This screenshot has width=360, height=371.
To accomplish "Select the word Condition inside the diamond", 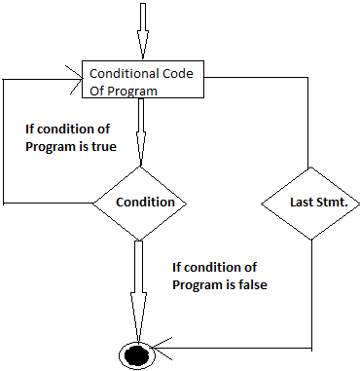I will pos(145,203).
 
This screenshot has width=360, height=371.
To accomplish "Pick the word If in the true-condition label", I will pos(29,129).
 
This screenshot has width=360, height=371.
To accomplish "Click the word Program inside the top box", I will pos(135,90).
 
